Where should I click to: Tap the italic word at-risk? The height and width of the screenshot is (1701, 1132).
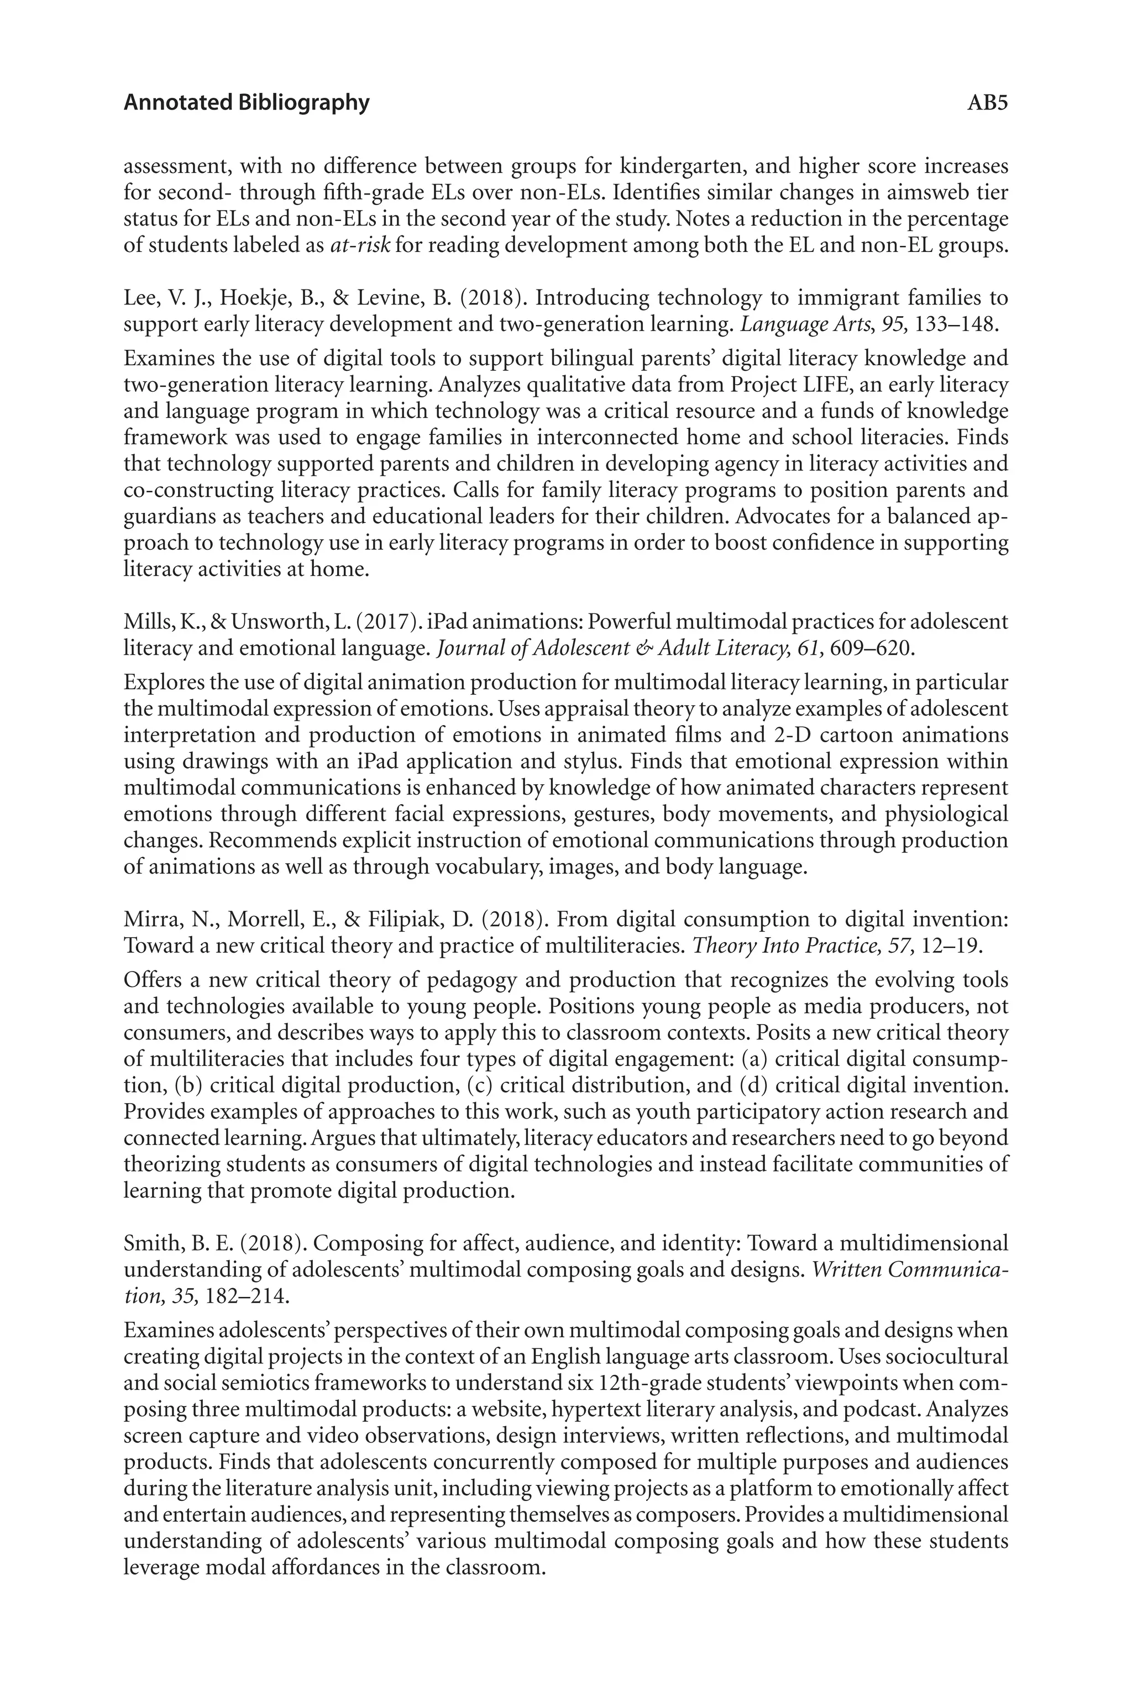(x=360, y=245)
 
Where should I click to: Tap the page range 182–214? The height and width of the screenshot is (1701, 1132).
(x=247, y=1296)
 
